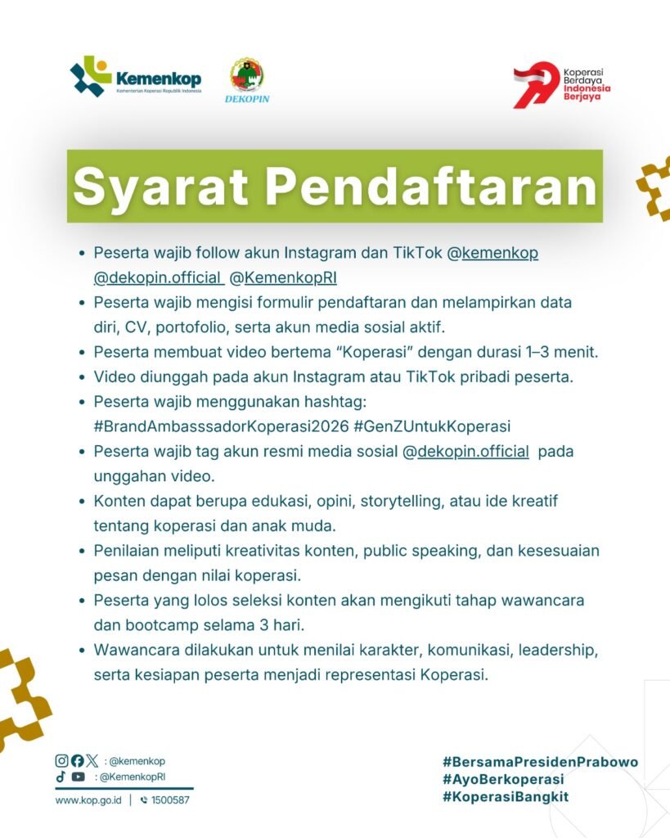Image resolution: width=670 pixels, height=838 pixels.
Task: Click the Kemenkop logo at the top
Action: tap(136, 77)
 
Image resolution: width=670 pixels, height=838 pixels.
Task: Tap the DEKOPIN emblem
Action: tap(247, 80)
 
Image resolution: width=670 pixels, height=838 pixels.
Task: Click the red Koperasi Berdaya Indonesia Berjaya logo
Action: tap(561, 84)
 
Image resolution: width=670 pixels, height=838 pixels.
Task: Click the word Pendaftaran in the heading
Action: tap(431, 187)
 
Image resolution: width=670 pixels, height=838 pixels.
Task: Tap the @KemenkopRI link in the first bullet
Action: tap(283, 278)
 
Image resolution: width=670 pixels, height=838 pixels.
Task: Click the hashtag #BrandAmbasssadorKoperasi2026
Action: tap(221, 426)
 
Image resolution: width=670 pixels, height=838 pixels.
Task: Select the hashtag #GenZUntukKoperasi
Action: tap(432, 426)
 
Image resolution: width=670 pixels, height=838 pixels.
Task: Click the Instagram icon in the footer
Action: tap(62, 760)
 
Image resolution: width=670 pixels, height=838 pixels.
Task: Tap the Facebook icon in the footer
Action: tap(78, 760)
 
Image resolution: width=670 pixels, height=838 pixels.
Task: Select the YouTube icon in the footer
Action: tap(78, 777)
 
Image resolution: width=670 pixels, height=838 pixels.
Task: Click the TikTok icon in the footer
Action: tap(61, 777)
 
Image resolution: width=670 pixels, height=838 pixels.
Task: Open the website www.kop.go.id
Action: tap(88, 800)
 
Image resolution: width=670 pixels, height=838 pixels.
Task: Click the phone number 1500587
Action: tap(170, 800)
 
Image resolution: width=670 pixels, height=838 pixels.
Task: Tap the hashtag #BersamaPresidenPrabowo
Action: tap(540, 762)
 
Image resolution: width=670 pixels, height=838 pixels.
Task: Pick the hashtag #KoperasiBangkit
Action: tap(506, 797)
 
